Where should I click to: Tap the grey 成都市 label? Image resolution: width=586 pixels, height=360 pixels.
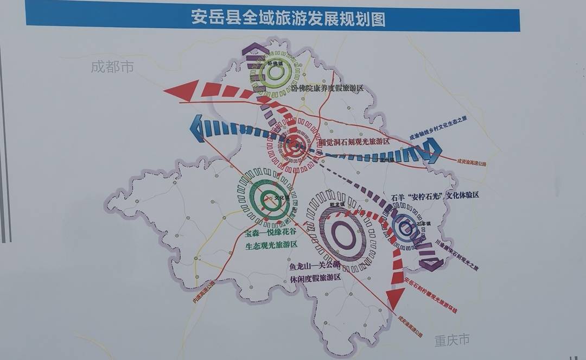click(x=112, y=67)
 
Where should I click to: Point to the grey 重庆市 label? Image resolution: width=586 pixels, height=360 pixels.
click(x=451, y=340)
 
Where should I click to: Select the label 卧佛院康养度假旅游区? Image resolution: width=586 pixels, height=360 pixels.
click(x=327, y=88)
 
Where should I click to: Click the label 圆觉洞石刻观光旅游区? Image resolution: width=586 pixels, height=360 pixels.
click(x=354, y=141)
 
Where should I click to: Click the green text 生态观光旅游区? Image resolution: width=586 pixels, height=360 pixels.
click(x=271, y=245)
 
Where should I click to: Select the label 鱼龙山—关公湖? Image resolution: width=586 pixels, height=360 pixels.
click(x=315, y=265)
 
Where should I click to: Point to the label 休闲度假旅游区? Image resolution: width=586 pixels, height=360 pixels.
click(x=315, y=277)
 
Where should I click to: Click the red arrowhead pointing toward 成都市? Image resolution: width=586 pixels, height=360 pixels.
click(x=182, y=90)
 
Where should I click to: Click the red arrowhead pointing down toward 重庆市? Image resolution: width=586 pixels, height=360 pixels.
click(x=396, y=298)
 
